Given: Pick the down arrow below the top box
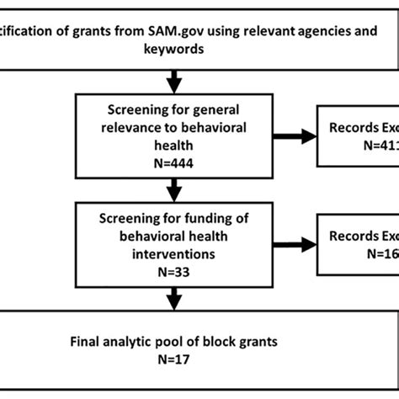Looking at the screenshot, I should (174, 82).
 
